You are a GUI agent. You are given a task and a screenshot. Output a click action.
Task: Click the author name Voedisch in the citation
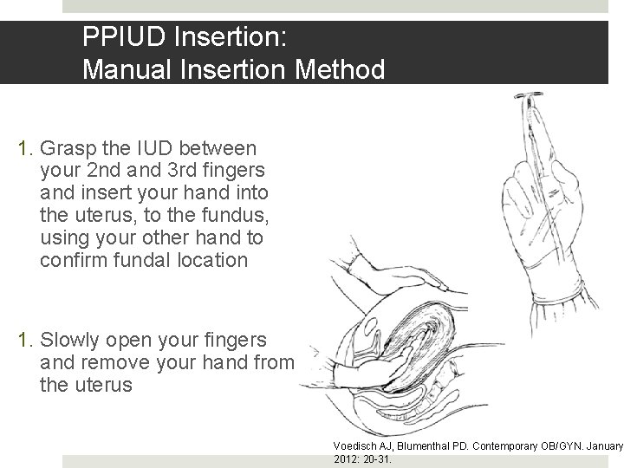pos(357,445)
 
